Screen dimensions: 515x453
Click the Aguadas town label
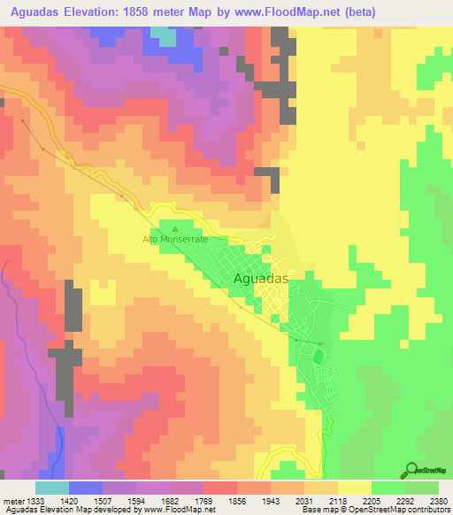click(x=262, y=278)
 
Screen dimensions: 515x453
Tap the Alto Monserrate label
click(x=175, y=240)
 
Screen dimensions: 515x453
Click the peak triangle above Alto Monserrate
click(x=174, y=229)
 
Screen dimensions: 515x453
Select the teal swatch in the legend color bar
click(x=51, y=488)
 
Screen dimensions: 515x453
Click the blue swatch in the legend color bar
click(x=85, y=488)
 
